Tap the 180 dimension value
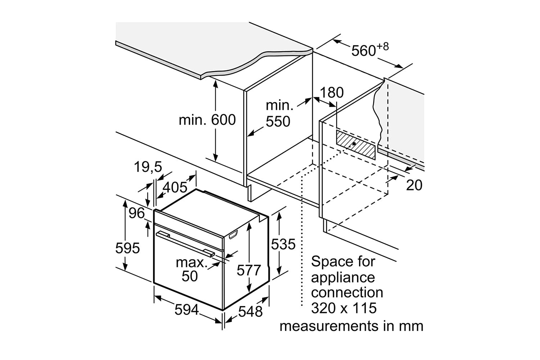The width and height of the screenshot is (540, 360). tap(332, 93)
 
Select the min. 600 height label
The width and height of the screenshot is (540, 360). tap(207, 120)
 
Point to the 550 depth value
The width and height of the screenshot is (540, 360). tap(278, 122)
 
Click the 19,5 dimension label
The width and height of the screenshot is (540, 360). tap(148, 167)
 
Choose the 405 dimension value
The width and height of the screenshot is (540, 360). tap(175, 187)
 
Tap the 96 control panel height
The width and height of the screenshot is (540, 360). tap(137, 213)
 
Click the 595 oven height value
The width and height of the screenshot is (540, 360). tap(127, 248)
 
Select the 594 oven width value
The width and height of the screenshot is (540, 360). tap(187, 309)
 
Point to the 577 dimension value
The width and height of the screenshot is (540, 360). tap(249, 270)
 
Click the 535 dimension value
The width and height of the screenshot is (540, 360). tap(283, 244)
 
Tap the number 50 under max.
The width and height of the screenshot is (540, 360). tap(190, 276)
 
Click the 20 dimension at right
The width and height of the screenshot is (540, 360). tap(414, 185)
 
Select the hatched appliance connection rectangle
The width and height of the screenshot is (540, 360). tap(356, 145)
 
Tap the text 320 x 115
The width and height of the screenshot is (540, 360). tap(343, 308)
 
